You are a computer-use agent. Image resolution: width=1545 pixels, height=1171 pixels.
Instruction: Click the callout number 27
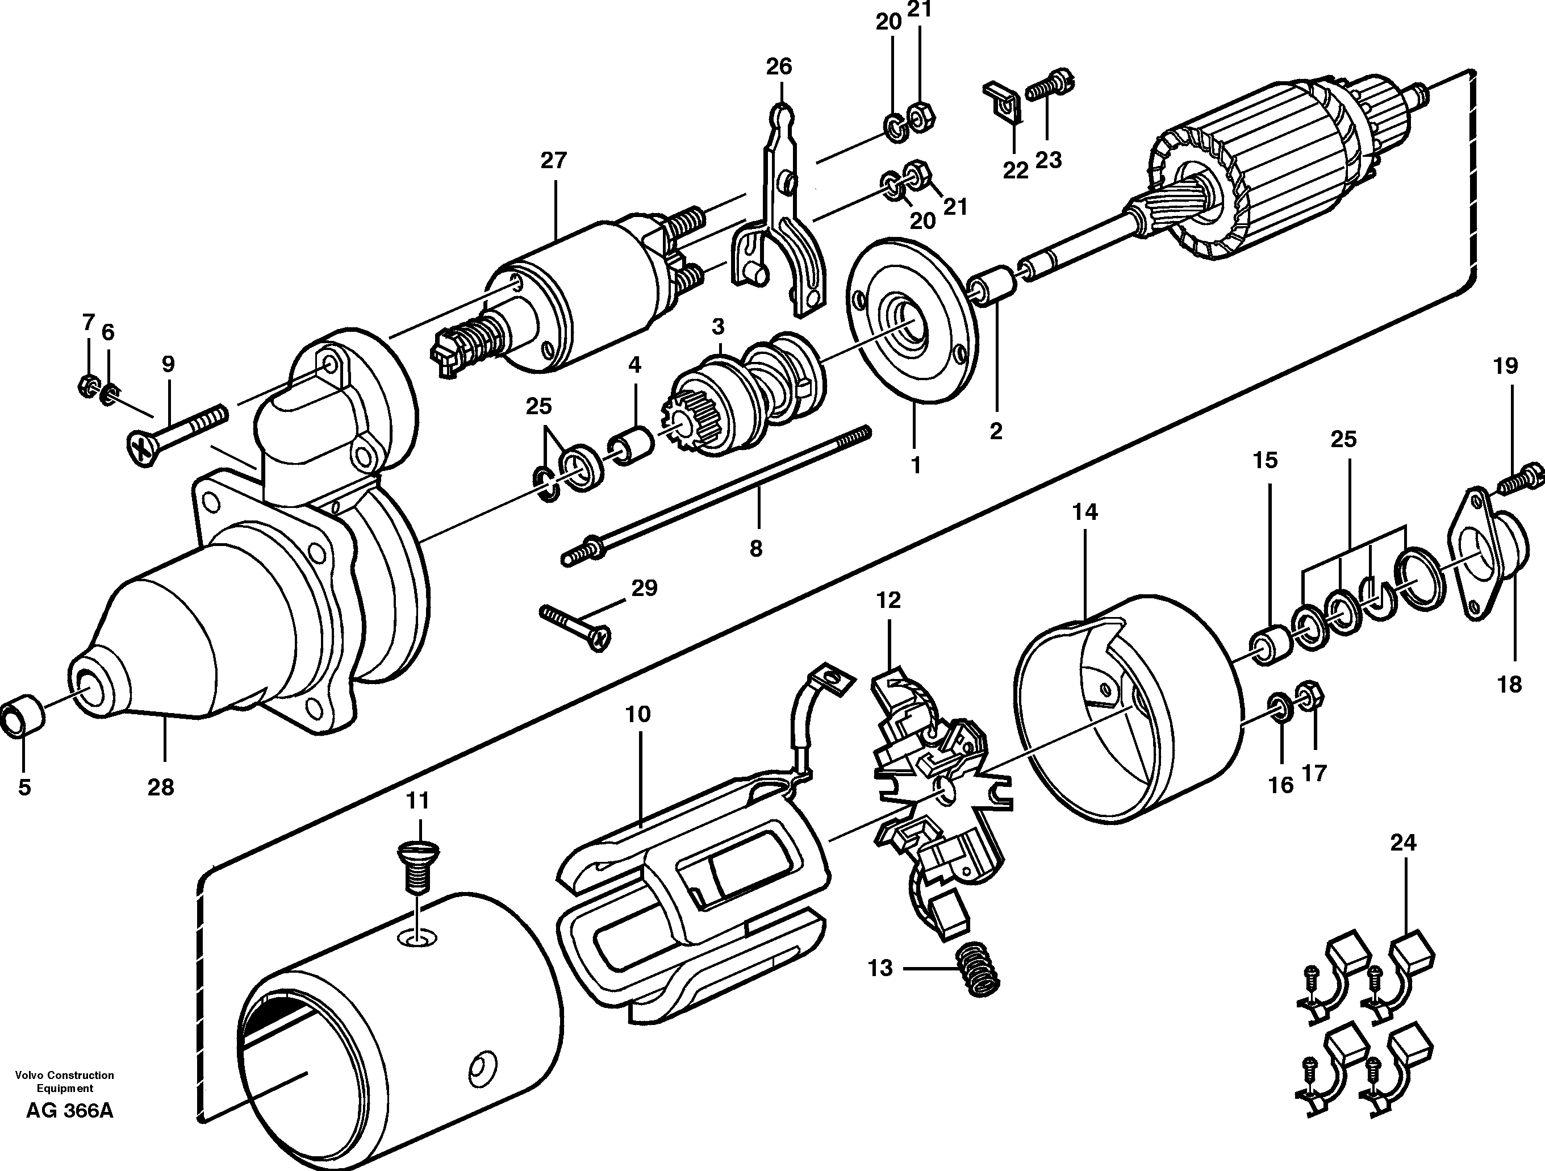tap(553, 161)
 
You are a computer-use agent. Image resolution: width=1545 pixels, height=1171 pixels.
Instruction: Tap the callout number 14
tap(1085, 512)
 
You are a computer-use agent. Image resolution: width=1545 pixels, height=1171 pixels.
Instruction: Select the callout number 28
tap(161, 787)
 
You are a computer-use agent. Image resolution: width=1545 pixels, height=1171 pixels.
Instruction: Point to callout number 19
tap(1506, 366)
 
